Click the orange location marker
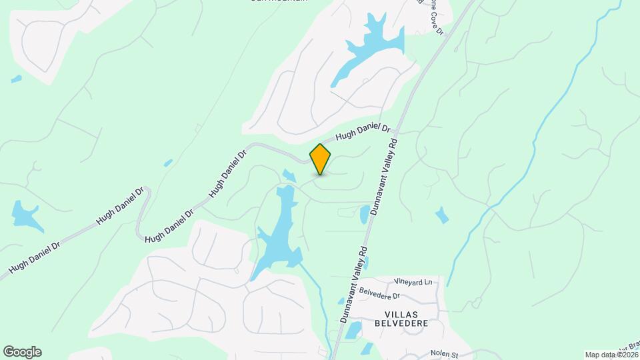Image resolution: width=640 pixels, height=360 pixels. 321,159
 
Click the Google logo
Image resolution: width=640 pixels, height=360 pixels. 22,352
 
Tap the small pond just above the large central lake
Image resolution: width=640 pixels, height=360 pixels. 289,175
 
